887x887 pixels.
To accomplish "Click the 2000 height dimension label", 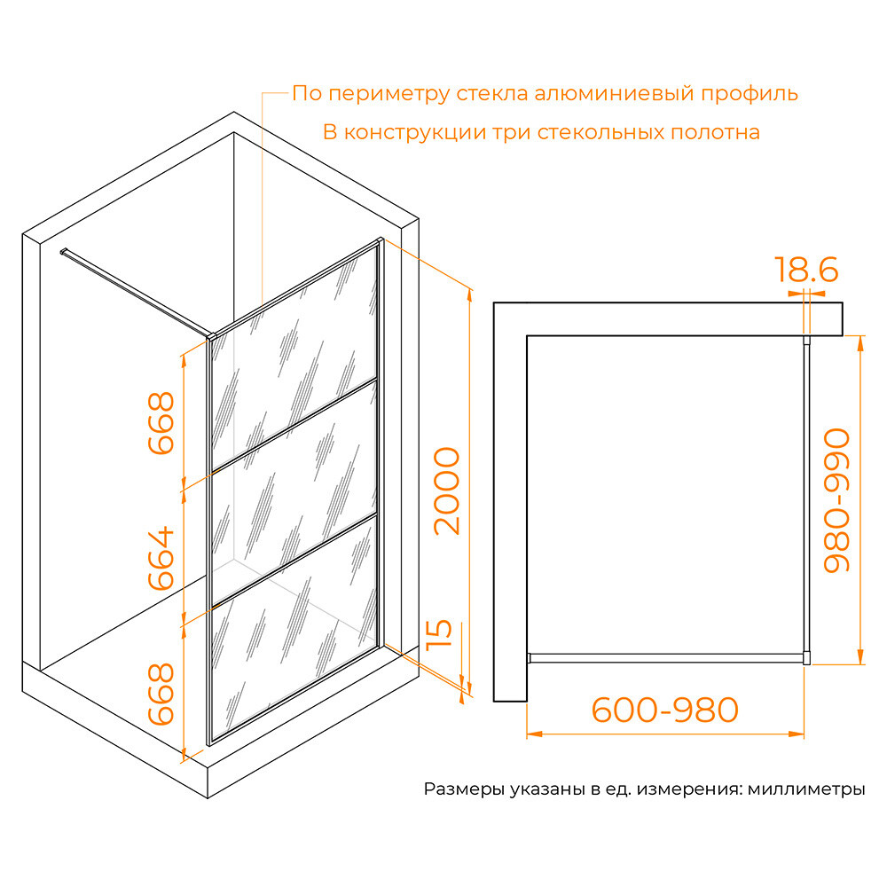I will (x=446, y=491).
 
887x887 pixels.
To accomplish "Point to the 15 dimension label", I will (x=442, y=635).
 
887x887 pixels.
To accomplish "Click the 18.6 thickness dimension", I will (x=805, y=270).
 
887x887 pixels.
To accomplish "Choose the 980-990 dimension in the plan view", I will (x=836, y=500).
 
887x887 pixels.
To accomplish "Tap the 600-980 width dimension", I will (x=665, y=710).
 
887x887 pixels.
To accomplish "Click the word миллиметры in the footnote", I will (x=806, y=789).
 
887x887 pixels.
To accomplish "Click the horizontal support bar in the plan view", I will (x=665, y=658).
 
